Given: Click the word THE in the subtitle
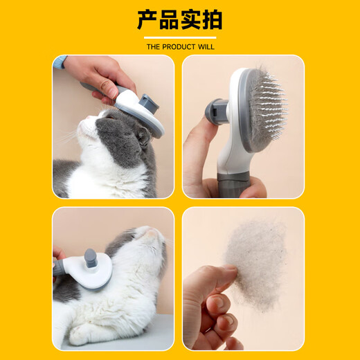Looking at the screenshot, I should (154, 47).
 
